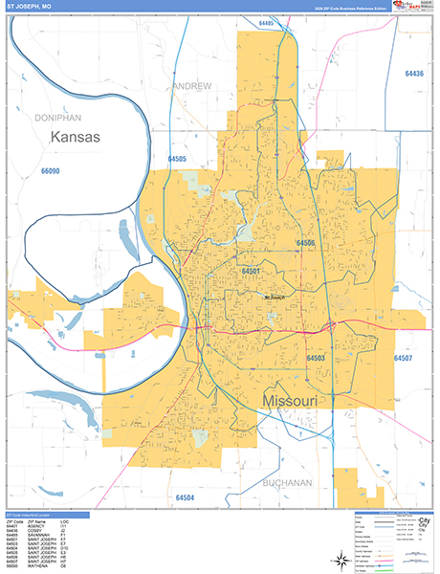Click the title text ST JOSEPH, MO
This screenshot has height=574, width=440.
29,7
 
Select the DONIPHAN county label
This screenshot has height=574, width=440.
54,116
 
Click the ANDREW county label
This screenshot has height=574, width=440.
192,86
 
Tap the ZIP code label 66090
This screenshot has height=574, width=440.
51,171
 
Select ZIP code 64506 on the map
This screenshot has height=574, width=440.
305,243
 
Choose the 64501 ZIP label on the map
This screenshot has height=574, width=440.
252,272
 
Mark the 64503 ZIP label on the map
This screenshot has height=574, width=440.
316,358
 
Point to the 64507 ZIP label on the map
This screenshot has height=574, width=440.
402,358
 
